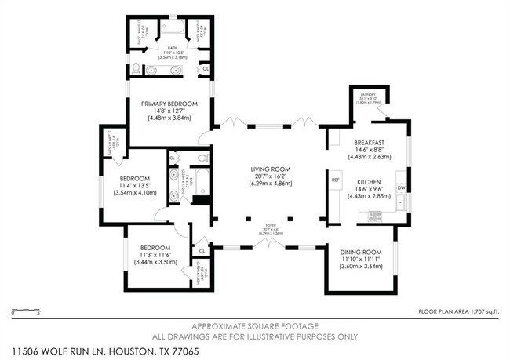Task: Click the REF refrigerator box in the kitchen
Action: pyautogui.click(x=335, y=180)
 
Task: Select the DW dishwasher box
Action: pyautogui.click(x=401, y=188)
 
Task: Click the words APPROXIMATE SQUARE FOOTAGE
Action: pyautogui.click(x=256, y=325)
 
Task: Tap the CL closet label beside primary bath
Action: pyautogui.click(x=206, y=69)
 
